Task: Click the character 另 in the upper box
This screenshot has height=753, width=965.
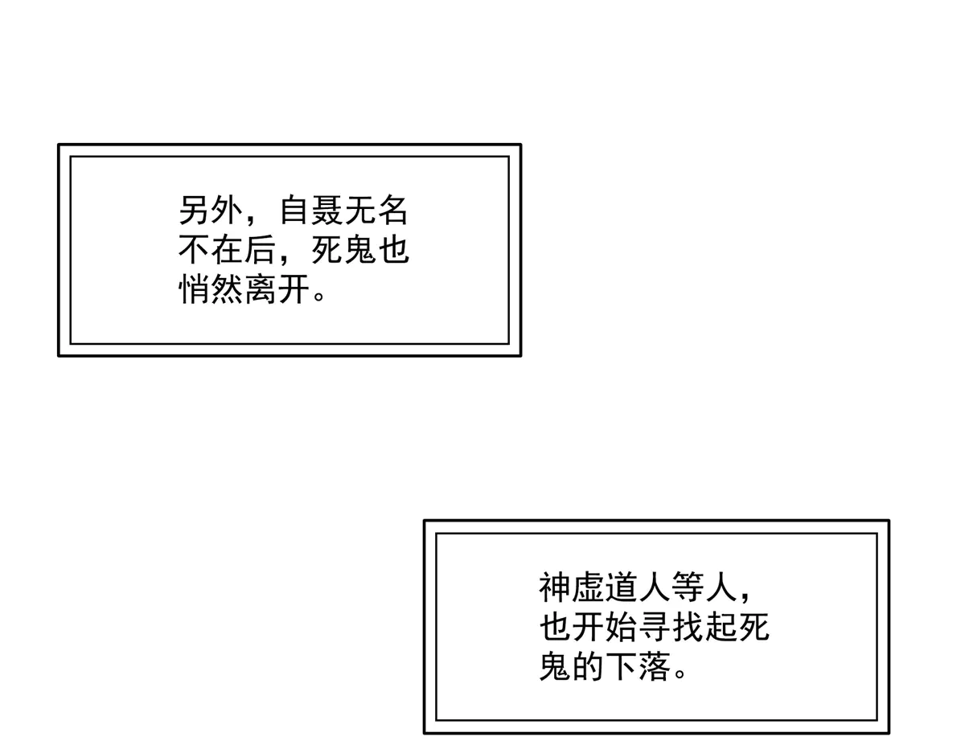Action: pos(194,210)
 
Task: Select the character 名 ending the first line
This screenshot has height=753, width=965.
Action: pos(392,210)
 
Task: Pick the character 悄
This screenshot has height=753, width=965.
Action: pos(194,289)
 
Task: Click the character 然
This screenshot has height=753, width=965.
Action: pos(227,289)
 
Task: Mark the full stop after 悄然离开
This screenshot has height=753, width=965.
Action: pos(319,296)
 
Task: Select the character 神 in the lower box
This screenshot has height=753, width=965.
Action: pos(554,587)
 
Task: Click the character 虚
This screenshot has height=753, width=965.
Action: pos(587,587)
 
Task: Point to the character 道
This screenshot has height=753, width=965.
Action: pos(620,587)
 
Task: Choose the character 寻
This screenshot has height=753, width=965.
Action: pos(653,627)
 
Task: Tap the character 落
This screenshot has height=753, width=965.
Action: pos(653,666)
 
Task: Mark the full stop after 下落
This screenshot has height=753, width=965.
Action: pos(680,673)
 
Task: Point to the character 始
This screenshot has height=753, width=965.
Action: pos(620,627)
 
